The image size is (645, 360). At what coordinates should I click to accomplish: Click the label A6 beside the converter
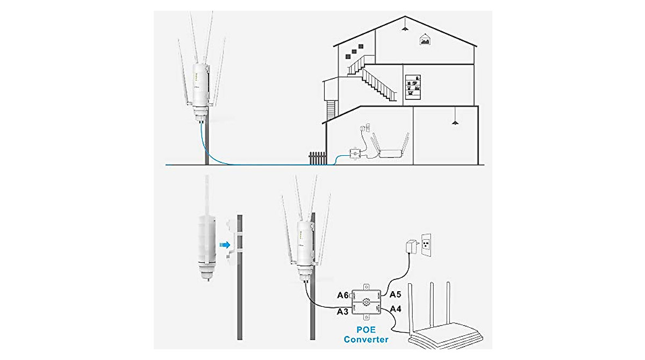343,295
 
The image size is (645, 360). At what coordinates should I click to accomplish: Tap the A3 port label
343,312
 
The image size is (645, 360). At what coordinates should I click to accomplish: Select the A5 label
396,294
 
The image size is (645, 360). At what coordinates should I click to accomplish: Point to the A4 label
396,309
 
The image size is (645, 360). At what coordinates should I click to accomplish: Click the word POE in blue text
366,329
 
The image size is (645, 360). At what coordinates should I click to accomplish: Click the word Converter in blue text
366,340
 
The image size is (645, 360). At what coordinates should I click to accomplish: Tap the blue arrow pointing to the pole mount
225,244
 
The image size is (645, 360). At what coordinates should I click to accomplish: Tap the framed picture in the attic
425,39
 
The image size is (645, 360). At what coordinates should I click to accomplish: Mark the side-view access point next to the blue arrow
205,242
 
